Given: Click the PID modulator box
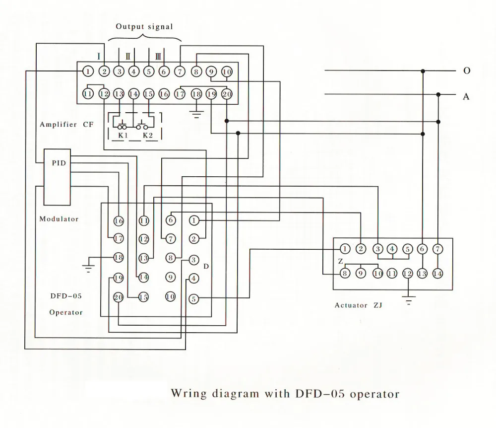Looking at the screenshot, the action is click(x=57, y=177).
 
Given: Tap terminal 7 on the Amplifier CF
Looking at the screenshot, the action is click(x=180, y=71).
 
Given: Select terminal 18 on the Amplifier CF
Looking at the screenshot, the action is click(x=196, y=94).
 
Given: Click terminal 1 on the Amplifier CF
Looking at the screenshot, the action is click(x=88, y=71).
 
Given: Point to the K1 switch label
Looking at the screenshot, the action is click(x=123, y=136).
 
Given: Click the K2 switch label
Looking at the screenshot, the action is click(x=148, y=136).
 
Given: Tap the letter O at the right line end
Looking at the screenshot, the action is click(x=467, y=71).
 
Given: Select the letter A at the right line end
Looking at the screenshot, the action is click(x=466, y=96).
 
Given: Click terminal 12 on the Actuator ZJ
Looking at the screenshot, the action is click(x=407, y=274).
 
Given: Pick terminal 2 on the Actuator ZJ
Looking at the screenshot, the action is click(x=361, y=249).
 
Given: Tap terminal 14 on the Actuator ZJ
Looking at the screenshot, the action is click(x=437, y=274).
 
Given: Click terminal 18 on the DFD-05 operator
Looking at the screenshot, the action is click(x=119, y=257).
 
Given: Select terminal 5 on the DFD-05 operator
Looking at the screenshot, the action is click(x=193, y=298).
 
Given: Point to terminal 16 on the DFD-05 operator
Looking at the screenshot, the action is click(x=119, y=220).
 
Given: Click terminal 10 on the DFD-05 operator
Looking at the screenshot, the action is click(x=170, y=296).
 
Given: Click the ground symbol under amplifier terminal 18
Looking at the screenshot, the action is click(x=196, y=114).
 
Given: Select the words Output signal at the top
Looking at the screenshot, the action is click(x=144, y=27).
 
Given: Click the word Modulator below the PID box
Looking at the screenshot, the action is click(x=59, y=219).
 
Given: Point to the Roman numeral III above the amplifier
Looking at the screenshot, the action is click(x=158, y=57).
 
